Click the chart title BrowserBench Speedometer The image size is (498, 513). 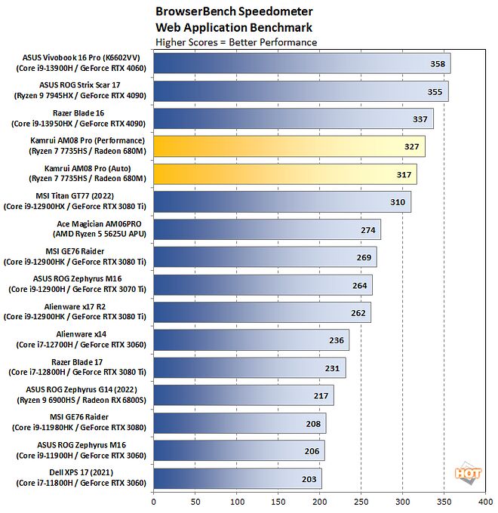[x=223, y=12]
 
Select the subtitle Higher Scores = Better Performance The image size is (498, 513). [x=235, y=42]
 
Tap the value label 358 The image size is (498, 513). [x=434, y=64]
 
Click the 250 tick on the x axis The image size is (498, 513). [x=361, y=500]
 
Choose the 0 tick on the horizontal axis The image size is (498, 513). [x=154, y=500]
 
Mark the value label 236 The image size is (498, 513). [x=337, y=340]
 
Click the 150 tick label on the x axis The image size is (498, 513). [x=278, y=500]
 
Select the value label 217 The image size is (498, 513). [x=321, y=395]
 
